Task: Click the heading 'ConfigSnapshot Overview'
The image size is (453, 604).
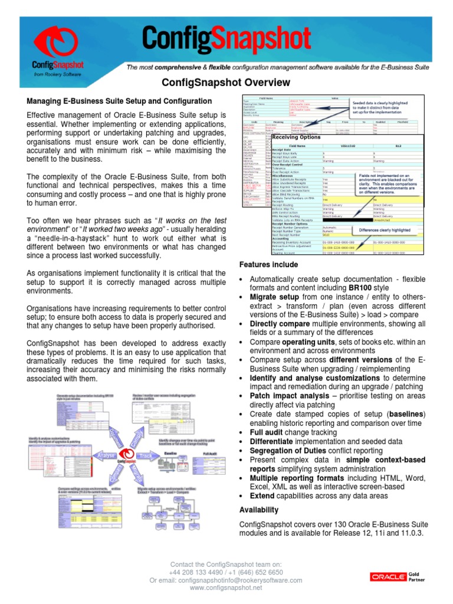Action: click(226, 83)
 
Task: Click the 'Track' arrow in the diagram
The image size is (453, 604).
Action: click(145, 456)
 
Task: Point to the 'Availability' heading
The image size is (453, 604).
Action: click(259, 510)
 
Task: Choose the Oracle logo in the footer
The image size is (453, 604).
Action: click(388, 576)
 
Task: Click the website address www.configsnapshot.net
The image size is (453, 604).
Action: click(226, 588)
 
